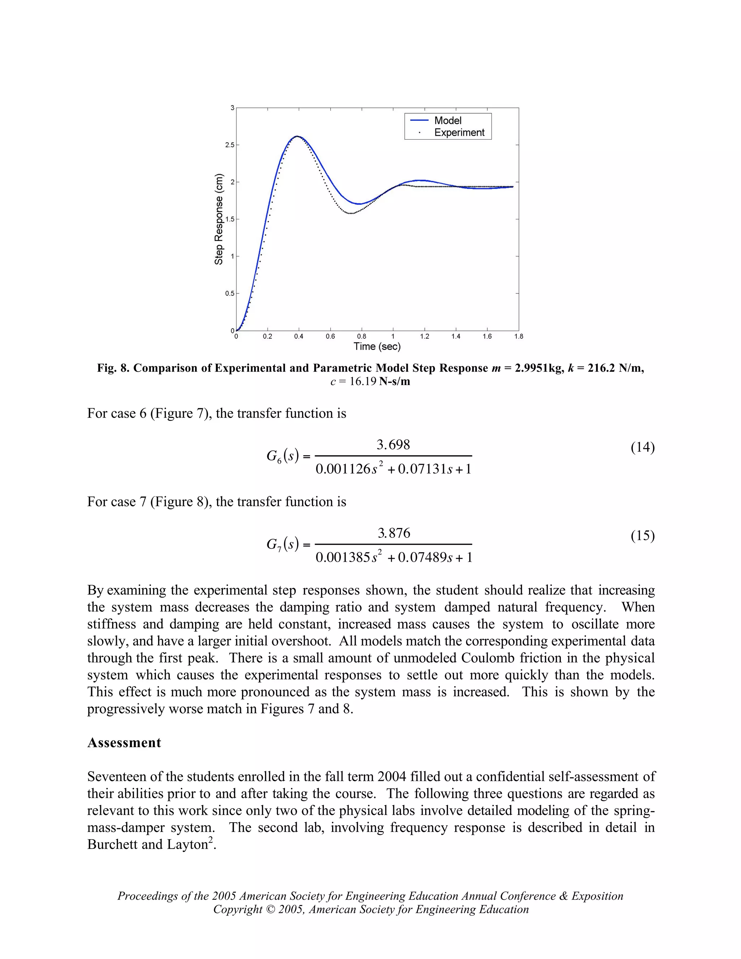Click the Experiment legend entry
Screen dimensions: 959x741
point(459,132)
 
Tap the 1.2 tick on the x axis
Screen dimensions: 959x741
point(424,336)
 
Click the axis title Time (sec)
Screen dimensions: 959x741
point(377,346)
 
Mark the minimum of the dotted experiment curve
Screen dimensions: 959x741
point(350,214)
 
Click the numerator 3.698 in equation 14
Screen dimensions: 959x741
point(393,445)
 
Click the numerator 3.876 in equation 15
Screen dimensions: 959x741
point(394,533)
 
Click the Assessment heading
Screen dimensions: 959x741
point(124,743)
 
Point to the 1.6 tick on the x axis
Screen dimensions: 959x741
point(487,336)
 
